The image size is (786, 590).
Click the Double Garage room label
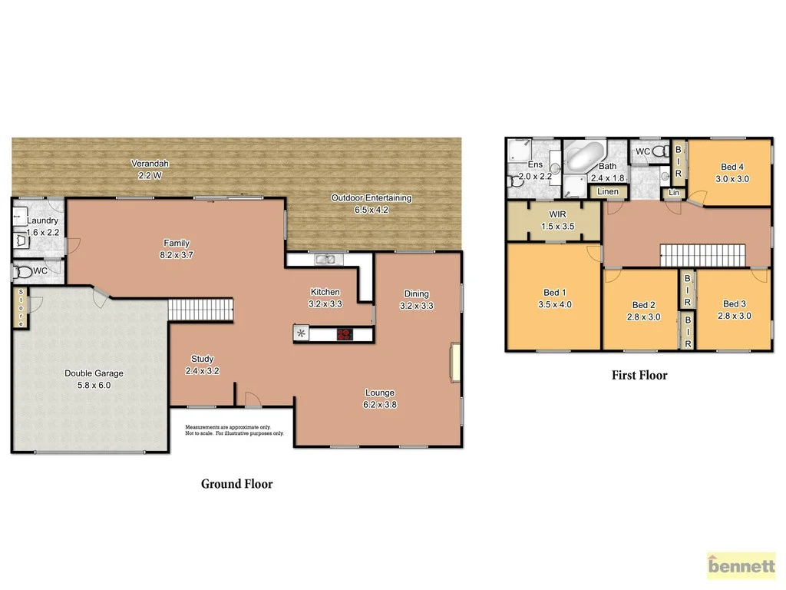point(94,373)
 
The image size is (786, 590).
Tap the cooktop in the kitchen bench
point(343,334)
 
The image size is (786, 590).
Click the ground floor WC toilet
point(26,272)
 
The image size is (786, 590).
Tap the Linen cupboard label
point(608,191)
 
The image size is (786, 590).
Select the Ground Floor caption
point(236,484)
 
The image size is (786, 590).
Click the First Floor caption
point(639,376)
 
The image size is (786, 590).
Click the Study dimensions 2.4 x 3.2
point(203,370)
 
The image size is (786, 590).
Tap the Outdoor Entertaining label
point(371,198)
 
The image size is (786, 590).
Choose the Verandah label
point(149,164)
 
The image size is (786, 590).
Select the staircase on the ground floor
point(200,310)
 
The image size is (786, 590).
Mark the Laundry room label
point(42,220)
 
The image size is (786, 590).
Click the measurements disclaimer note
point(234,430)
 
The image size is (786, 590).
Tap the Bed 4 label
point(732,167)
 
